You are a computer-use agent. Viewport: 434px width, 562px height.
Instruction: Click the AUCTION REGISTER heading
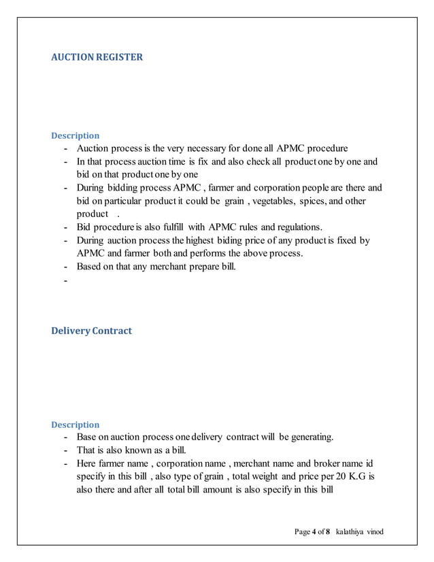click(97, 57)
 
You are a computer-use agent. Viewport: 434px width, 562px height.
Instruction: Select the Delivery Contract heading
click(92, 331)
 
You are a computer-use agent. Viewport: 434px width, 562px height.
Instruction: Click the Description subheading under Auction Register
click(76, 135)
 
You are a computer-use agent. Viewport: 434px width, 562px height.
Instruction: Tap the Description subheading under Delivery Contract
click(76, 425)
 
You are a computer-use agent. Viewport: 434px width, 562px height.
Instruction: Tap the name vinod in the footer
click(375, 531)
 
